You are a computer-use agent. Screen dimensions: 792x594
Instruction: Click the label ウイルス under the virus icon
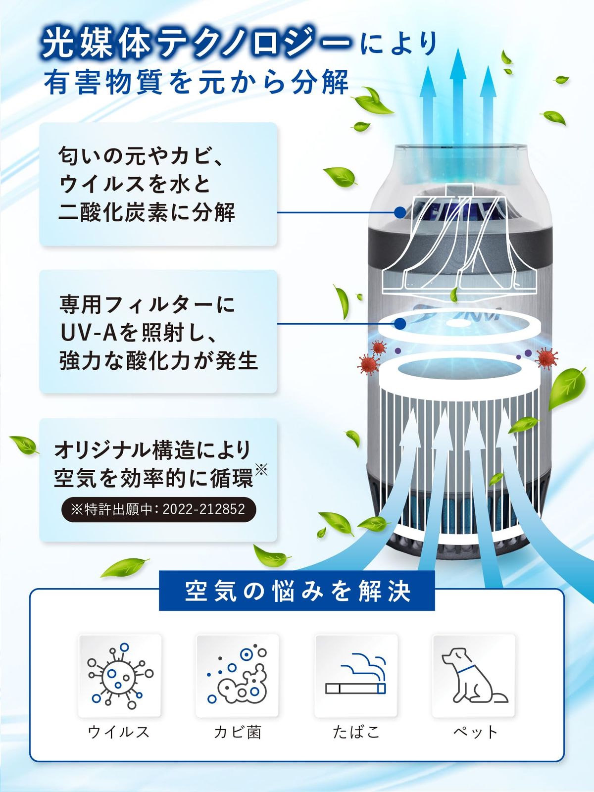click(x=119, y=732)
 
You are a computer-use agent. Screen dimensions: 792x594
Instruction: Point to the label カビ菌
click(x=238, y=732)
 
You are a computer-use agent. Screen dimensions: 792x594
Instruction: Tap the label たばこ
click(x=356, y=732)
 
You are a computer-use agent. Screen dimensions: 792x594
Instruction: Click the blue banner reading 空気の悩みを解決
click(x=297, y=591)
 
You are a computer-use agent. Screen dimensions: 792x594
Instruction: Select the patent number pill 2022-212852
click(x=158, y=509)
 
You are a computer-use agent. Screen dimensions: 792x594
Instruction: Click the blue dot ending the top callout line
click(x=400, y=212)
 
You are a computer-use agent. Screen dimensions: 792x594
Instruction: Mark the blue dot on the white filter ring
click(x=400, y=324)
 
